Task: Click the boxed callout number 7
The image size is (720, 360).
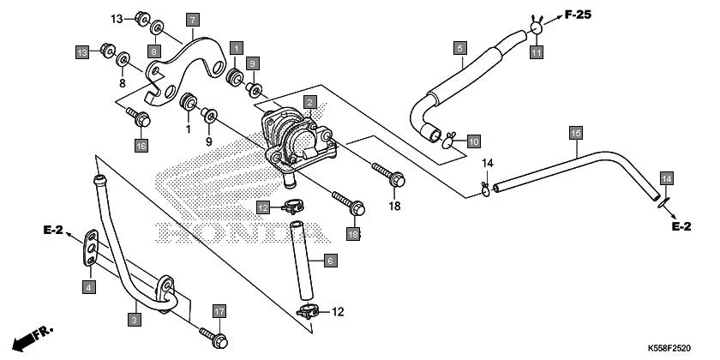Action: (192, 19)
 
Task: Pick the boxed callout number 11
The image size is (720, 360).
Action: (536, 53)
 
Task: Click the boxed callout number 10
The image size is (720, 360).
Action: (473, 140)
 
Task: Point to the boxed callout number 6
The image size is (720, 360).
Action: (330, 259)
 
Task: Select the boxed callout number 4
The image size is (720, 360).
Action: (88, 286)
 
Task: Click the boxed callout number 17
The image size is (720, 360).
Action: (219, 311)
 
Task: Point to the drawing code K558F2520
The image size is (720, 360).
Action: (669, 349)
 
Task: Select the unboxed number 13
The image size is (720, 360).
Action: (117, 18)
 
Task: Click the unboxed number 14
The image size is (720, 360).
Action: (487, 163)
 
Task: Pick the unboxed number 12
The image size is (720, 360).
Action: (337, 311)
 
